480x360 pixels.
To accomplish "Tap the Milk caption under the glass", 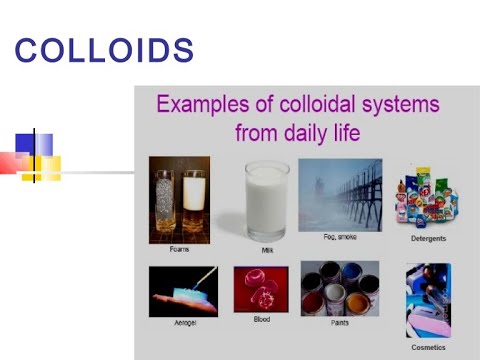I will (266, 250).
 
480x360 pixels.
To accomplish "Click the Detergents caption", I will (427, 239).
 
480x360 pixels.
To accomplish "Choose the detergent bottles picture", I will (428, 198).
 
